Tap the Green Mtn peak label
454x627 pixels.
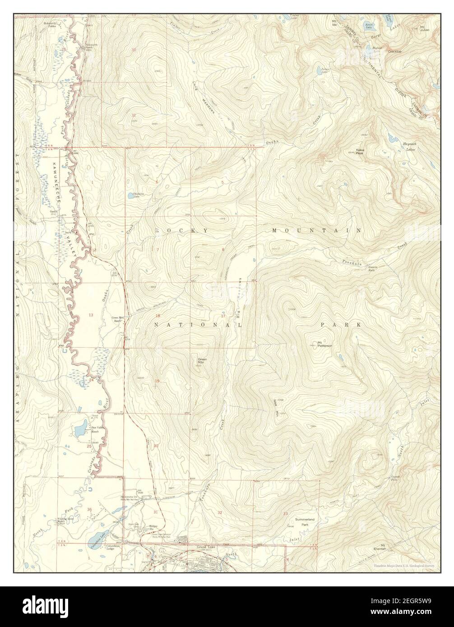[x=202, y=360]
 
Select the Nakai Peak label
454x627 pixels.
[x=360, y=152]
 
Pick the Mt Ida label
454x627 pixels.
[x=334, y=22]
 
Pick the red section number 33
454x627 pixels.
[x=285, y=514]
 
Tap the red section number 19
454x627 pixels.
[x=157, y=382]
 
